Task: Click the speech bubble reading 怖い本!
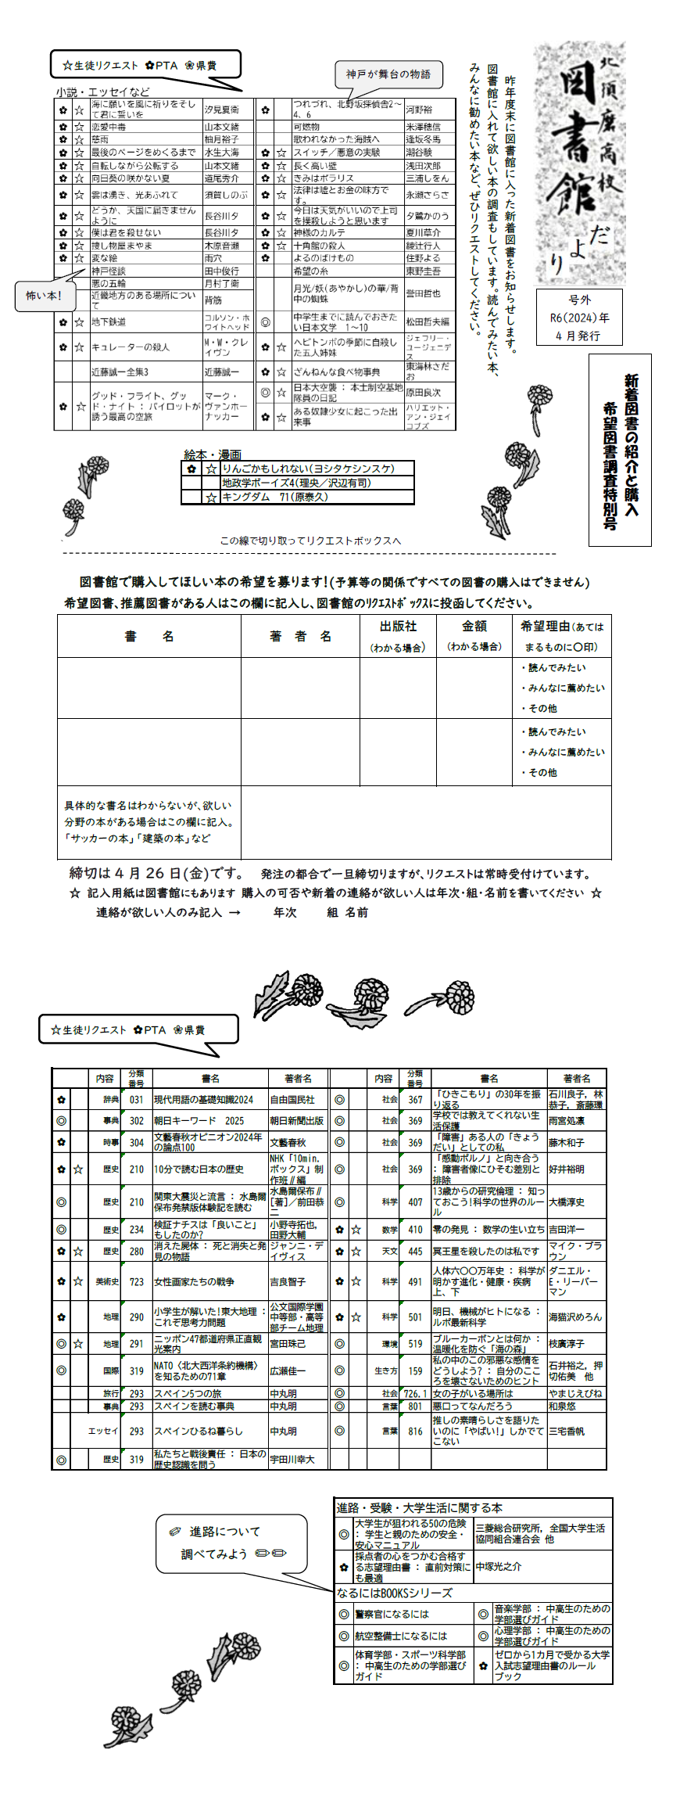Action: click(x=43, y=296)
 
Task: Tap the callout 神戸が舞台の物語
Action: click(x=388, y=75)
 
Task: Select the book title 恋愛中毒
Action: click(x=109, y=127)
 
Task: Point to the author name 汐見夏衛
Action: click(x=222, y=110)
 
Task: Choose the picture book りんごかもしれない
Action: click(x=308, y=469)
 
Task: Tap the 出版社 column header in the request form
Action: click(x=398, y=627)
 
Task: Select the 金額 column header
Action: click(x=474, y=627)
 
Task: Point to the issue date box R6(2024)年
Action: click(x=579, y=318)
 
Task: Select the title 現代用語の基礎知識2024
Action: click(x=203, y=1099)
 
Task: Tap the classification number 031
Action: click(x=137, y=1099)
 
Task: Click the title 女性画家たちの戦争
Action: click(x=194, y=1282)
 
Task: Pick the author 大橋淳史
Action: click(x=567, y=1202)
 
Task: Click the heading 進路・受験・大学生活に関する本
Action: click(x=419, y=1507)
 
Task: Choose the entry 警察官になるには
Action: click(x=392, y=1614)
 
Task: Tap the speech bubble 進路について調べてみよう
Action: click(x=231, y=1543)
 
